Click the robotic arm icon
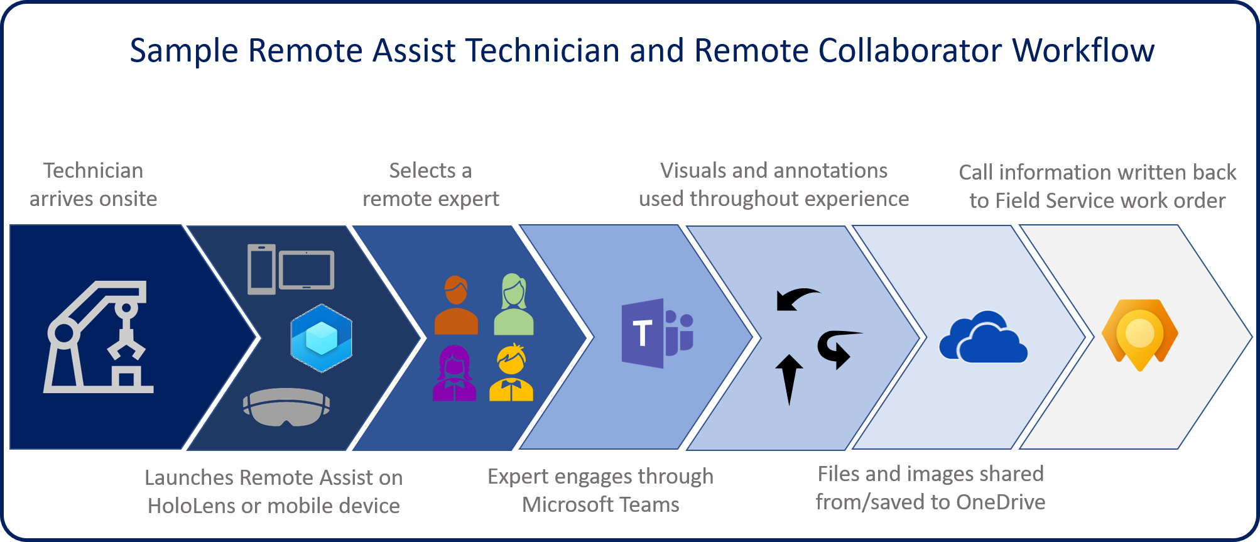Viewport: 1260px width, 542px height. click(x=98, y=337)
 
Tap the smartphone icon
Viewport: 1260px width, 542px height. click(x=261, y=269)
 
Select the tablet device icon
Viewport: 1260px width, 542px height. click(x=307, y=270)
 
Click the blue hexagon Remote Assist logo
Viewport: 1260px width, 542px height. click(x=321, y=338)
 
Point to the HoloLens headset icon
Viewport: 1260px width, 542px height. click(x=286, y=406)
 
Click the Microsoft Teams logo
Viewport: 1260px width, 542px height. click(x=656, y=333)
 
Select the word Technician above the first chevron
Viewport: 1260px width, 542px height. click(x=93, y=171)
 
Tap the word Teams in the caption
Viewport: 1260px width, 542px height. click(x=649, y=504)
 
